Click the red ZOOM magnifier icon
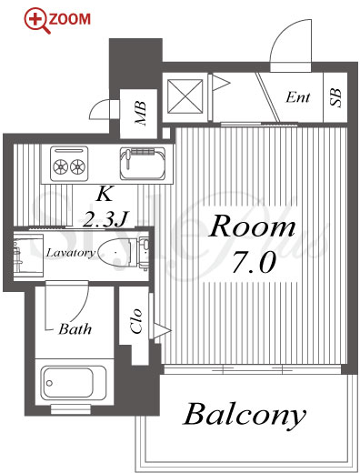pos(37,21)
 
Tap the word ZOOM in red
pos(70,19)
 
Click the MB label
pos(141,114)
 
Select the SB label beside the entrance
pos(335,97)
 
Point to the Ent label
pos(298,97)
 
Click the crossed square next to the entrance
pos(185,96)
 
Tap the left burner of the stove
pos(60,166)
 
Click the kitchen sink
pos(143,163)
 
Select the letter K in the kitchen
pos(105,194)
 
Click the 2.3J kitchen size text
pos(105,218)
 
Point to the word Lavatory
pos(71,252)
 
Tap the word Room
pos(252,226)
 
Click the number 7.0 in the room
pos(254,262)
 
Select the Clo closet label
pos(136,321)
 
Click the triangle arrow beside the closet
pos(162,330)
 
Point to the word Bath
pos(75,329)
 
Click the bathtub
pos(75,383)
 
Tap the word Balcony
pos(245,415)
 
